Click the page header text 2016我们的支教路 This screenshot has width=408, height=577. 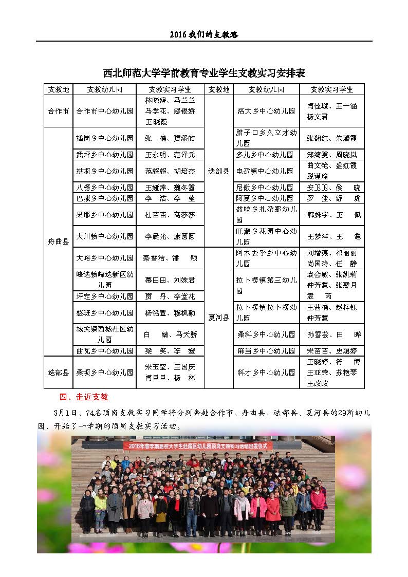(x=204, y=35)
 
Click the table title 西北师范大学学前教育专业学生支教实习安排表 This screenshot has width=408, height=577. (x=204, y=73)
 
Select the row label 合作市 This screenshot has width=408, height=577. (x=58, y=110)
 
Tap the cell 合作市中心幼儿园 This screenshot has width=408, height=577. (x=105, y=110)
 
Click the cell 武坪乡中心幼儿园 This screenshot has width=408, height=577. (x=105, y=154)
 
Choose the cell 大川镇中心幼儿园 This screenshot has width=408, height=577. (x=105, y=236)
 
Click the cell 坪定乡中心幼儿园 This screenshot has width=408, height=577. (x=105, y=296)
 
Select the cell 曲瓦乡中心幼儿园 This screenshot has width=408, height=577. (x=105, y=351)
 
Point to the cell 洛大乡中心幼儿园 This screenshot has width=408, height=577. (x=266, y=110)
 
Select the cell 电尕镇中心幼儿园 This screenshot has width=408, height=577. (x=266, y=171)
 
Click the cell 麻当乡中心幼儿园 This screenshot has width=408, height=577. (x=266, y=351)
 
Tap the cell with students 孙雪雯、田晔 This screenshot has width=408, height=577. (x=332, y=334)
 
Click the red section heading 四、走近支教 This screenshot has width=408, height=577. (x=84, y=397)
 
